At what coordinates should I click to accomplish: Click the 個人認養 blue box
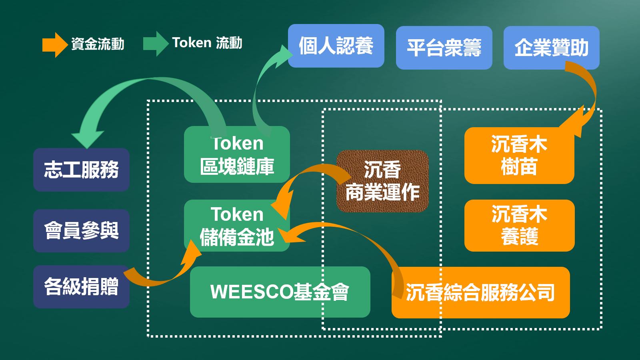coord(336,46)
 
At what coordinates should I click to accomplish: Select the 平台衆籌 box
coord(444,48)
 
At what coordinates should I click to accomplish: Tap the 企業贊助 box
coord(551,48)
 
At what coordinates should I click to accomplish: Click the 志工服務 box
coord(81,170)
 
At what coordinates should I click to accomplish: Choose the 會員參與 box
coord(81,231)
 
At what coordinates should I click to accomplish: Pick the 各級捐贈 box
coord(81,287)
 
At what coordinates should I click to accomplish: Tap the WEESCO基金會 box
coord(280,292)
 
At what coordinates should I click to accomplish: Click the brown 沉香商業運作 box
coord(382,181)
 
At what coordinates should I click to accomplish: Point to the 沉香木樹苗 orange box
coord(519,156)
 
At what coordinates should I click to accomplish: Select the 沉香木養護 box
coord(519,226)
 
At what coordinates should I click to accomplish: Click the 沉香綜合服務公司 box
coord(480,292)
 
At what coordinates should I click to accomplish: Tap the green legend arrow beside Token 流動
coord(155,43)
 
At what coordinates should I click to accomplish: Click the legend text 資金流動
coord(98,44)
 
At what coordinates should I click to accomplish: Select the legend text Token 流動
coord(207,42)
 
